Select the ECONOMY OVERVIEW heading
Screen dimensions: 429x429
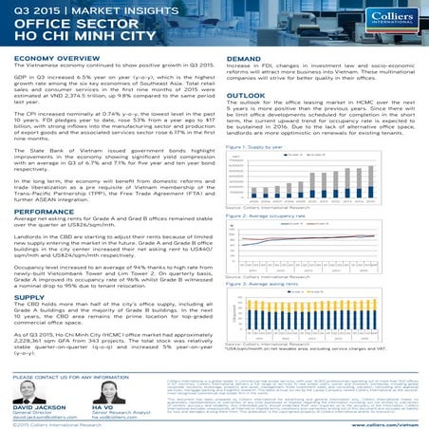(x=47, y=56)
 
